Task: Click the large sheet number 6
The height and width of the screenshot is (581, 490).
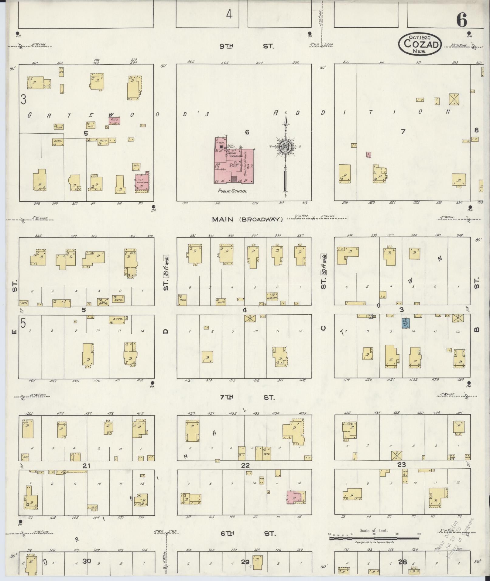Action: [x=461, y=21]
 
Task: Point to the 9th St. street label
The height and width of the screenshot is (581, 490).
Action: [x=246, y=46]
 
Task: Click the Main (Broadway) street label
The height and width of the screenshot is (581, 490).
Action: [x=247, y=219]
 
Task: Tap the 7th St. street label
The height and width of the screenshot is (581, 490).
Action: [x=247, y=397]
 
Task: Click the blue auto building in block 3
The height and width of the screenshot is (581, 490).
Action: [x=406, y=323]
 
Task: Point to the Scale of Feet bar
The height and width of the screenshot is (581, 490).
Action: [x=374, y=538]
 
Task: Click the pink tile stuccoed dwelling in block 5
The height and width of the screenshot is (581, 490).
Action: [x=142, y=182]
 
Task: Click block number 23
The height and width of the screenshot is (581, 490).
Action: [x=401, y=464]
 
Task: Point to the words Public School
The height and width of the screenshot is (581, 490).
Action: [x=232, y=191]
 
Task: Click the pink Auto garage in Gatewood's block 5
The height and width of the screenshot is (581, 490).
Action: [x=115, y=121]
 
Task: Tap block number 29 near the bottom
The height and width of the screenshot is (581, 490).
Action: [x=245, y=562]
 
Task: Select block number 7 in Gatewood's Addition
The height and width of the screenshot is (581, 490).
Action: [x=403, y=132]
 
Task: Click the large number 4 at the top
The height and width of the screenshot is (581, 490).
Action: [x=229, y=14]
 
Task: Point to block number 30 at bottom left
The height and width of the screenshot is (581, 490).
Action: [x=87, y=561]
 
